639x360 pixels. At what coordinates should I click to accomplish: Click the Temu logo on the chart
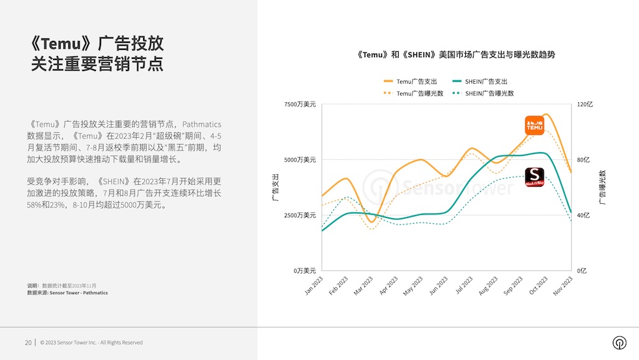pos(534,125)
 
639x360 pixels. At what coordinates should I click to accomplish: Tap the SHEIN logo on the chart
pos(534,176)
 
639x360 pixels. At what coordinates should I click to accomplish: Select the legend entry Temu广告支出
pos(410,81)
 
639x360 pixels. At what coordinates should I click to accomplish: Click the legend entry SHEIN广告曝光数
pos(482,93)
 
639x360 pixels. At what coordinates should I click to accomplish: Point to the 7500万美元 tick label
pos(300,104)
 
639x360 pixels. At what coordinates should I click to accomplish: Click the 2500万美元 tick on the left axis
pos(300,215)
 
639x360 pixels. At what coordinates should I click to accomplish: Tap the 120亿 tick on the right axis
pos(585,104)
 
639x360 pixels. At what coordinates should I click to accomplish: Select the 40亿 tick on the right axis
pos(584,215)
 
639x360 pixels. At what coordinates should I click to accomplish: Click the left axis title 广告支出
pos(275,187)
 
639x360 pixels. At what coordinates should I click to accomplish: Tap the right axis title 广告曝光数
pos(602,187)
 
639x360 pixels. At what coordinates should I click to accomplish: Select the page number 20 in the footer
pos(28,343)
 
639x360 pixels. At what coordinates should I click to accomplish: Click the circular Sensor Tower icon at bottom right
pos(619,343)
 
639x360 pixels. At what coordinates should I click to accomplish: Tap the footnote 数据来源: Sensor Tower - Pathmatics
pos(67,293)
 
